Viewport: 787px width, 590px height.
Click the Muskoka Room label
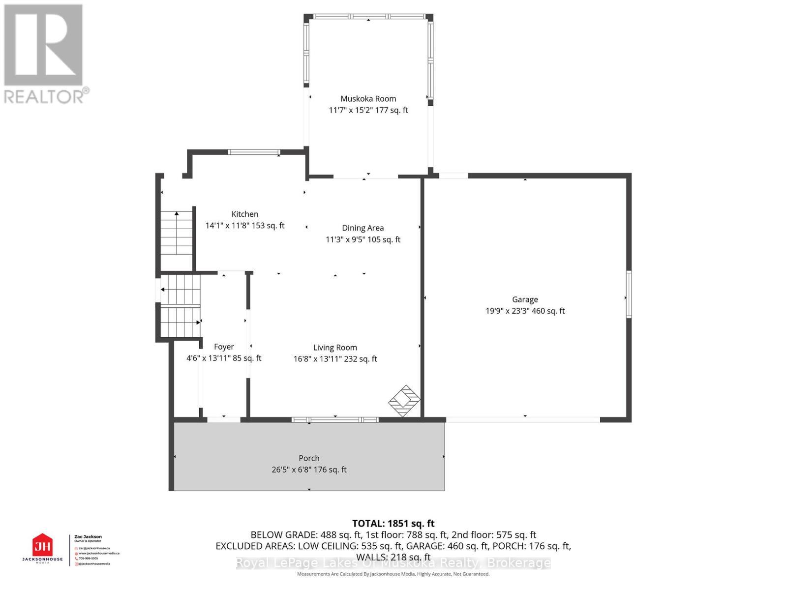point(368,99)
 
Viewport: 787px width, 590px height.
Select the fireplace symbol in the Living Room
point(404,401)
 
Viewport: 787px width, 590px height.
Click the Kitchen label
point(244,214)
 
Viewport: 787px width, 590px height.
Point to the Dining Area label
point(363,228)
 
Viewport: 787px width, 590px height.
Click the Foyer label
point(224,347)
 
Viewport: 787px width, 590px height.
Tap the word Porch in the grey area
point(309,458)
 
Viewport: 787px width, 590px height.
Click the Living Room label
point(335,347)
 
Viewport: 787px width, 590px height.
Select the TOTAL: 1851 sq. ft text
point(393,524)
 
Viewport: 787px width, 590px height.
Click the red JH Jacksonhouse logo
point(42,546)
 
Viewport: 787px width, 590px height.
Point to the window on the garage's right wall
point(629,294)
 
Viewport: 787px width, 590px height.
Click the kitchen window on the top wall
point(254,152)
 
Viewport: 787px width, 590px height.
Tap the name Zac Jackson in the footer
point(88,537)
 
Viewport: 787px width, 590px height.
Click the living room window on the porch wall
point(334,419)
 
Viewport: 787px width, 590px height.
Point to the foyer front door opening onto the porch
point(223,419)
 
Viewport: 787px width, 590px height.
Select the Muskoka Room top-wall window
point(369,16)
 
